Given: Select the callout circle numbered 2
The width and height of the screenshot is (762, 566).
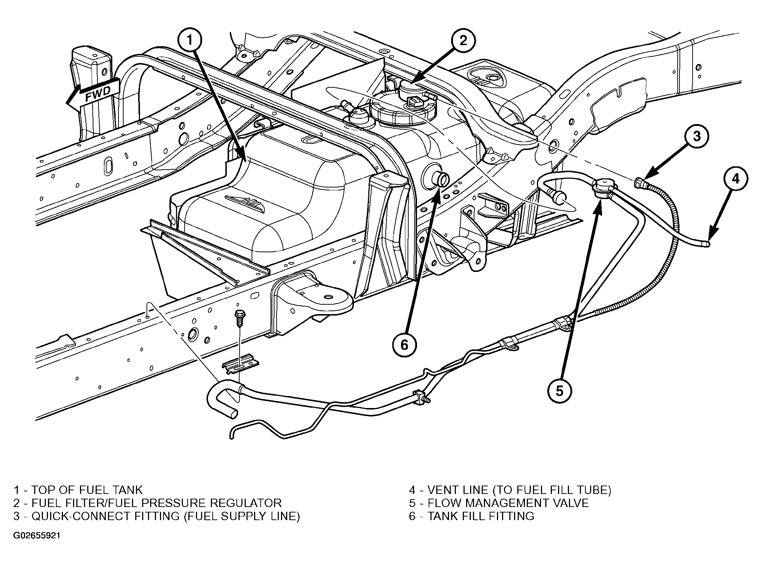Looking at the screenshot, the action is [x=463, y=41].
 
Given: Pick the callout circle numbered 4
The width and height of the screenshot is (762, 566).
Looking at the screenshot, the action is [x=735, y=179].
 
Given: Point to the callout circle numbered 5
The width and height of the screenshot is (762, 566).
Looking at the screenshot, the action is [x=560, y=391].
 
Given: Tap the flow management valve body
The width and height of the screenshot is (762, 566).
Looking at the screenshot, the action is [x=602, y=188].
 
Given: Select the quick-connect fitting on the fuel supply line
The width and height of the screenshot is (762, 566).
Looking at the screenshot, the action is [x=640, y=182].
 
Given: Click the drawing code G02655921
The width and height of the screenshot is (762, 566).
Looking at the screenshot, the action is [x=37, y=536].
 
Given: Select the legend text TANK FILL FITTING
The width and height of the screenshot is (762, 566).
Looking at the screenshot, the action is [x=481, y=516].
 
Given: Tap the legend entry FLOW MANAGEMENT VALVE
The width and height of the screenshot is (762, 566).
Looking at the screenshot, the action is [x=508, y=503].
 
